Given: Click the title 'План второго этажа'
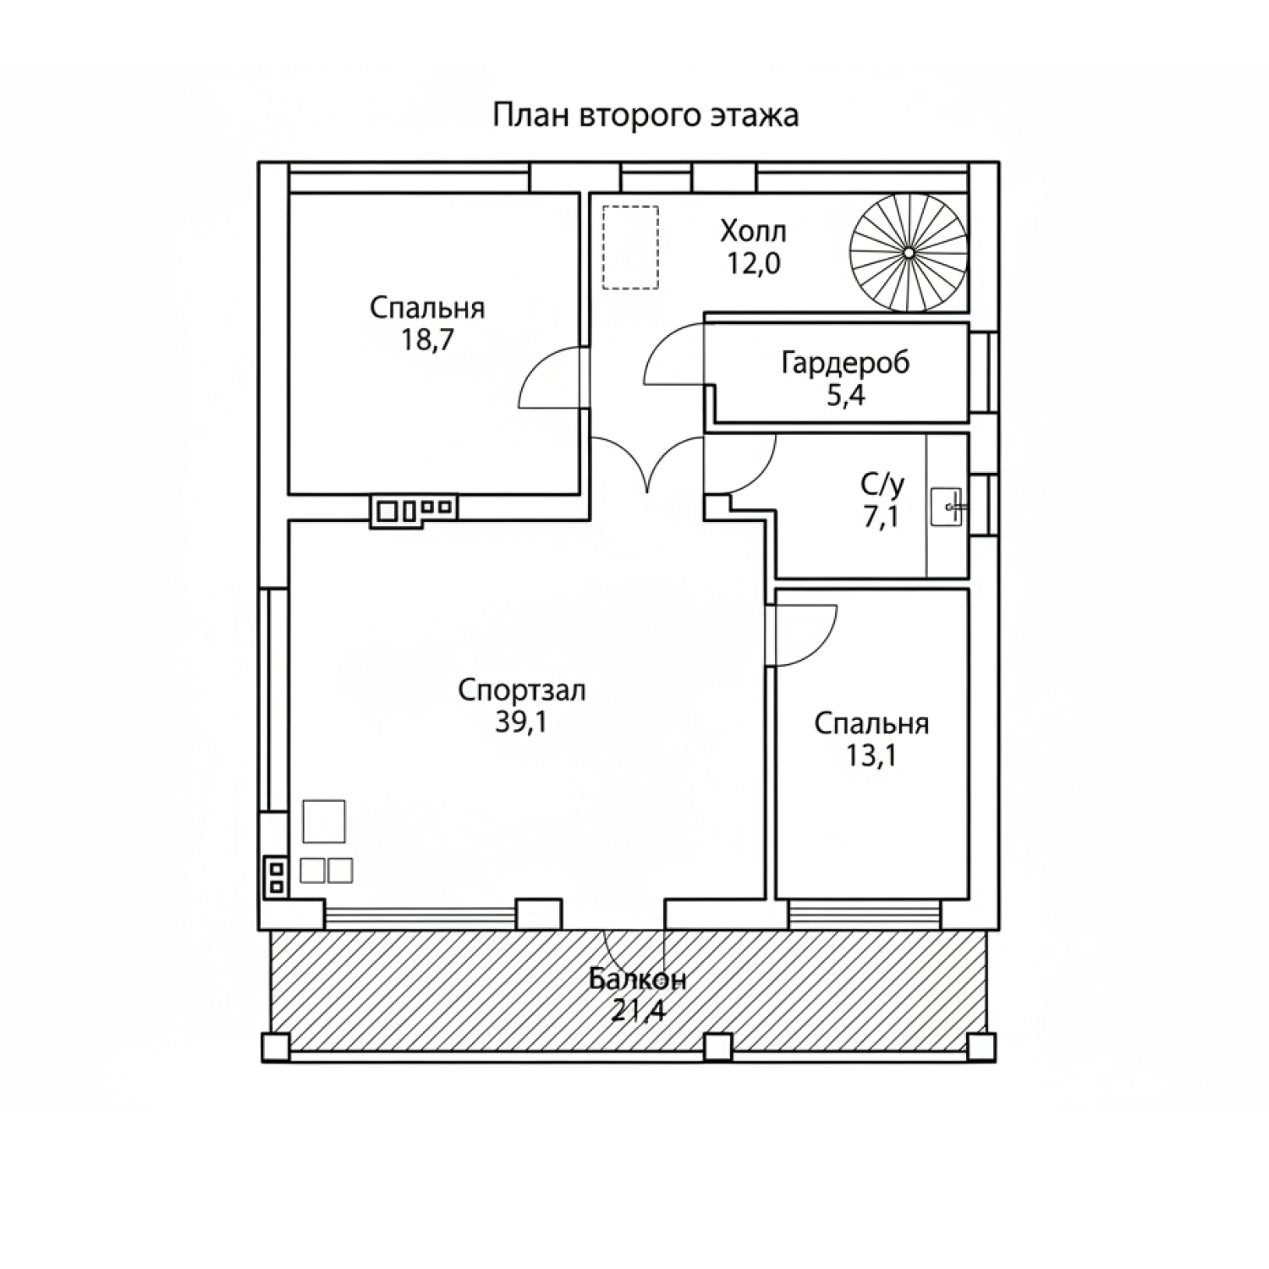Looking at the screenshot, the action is [645, 115].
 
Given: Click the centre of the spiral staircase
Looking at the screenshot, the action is [908, 252].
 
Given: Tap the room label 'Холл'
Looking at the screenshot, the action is [753, 230].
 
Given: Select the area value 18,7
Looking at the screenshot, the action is [426, 340].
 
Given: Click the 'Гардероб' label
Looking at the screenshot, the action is [845, 363].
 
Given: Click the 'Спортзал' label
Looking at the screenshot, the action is [522, 690].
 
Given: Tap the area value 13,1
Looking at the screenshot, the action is [871, 755].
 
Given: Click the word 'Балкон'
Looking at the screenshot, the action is [638, 980].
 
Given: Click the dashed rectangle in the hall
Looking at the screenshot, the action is [630, 247].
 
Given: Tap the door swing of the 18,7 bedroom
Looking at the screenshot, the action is [550, 377].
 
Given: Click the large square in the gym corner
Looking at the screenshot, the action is [324, 821].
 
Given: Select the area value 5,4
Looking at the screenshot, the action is [845, 395].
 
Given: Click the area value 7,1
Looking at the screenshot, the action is [881, 515].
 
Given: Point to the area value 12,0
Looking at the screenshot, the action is [753, 263].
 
